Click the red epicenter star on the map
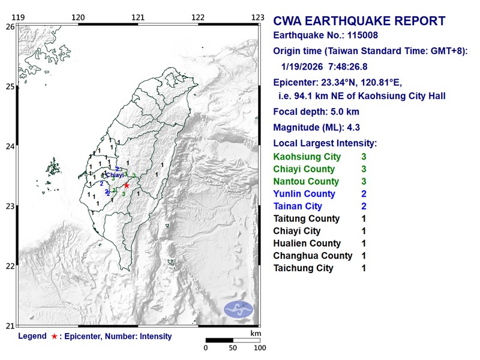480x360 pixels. [127, 185]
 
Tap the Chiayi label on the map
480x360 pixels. [115, 175]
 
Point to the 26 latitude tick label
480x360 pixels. [10, 27]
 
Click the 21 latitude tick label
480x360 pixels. [10, 326]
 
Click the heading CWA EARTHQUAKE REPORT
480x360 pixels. [359, 22]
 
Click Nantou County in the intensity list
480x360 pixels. [306, 181]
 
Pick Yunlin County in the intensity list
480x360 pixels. [304, 194]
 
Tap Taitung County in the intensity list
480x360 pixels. [306, 218]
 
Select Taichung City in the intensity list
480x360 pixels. [303, 268]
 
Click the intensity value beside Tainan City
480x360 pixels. [364, 206]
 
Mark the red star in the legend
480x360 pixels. [55, 337]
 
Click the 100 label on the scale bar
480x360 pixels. [259, 347]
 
